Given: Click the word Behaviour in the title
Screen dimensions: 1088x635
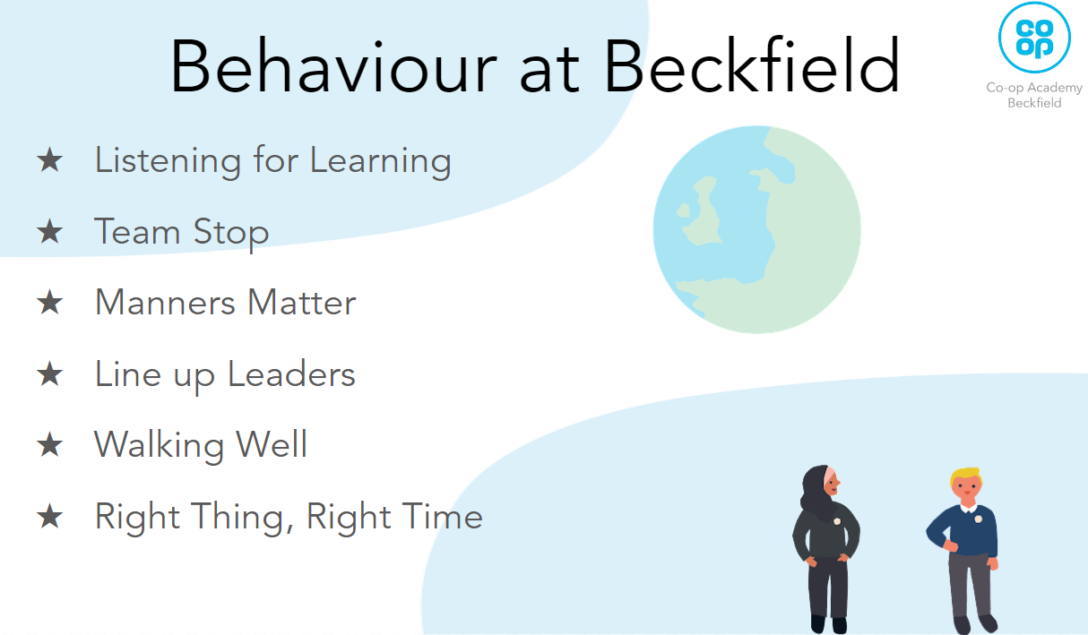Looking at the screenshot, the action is pyautogui.click(x=333, y=65).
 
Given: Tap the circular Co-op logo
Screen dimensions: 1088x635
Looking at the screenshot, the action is pyautogui.click(x=1034, y=38).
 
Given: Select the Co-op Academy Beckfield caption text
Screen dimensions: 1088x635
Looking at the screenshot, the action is pyautogui.click(x=1034, y=95).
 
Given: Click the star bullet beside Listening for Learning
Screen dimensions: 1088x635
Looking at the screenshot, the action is pyautogui.click(x=50, y=160).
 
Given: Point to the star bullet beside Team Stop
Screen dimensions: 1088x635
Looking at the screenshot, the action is pyautogui.click(x=50, y=231).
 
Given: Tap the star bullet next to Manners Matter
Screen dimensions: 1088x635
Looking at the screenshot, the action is pyautogui.click(x=50, y=303).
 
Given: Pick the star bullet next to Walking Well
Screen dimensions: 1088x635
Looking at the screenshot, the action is pyautogui.click(x=50, y=445).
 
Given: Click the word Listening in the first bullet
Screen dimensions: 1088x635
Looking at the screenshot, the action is pyautogui.click(x=168, y=161).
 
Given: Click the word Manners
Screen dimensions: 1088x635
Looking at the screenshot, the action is pyautogui.click(x=165, y=303).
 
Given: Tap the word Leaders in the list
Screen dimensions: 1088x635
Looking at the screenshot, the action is pyautogui.click(x=291, y=374).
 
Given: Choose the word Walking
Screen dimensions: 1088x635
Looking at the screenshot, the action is pyautogui.click(x=159, y=447).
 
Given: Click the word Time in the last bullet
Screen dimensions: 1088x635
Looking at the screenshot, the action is pyautogui.click(x=442, y=516).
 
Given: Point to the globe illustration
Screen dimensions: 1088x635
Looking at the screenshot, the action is pyautogui.click(x=756, y=229).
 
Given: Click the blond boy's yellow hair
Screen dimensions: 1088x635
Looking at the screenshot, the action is pyautogui.click(x=966, y=476).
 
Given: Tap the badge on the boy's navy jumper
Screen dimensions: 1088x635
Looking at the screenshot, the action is pyautogui.click(x=979, y=519).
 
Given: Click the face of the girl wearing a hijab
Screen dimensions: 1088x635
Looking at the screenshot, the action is pyautogui.click(x=832, y=484).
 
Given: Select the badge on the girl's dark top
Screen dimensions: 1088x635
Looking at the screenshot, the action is pyautogui.click(x=837, y=521).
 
